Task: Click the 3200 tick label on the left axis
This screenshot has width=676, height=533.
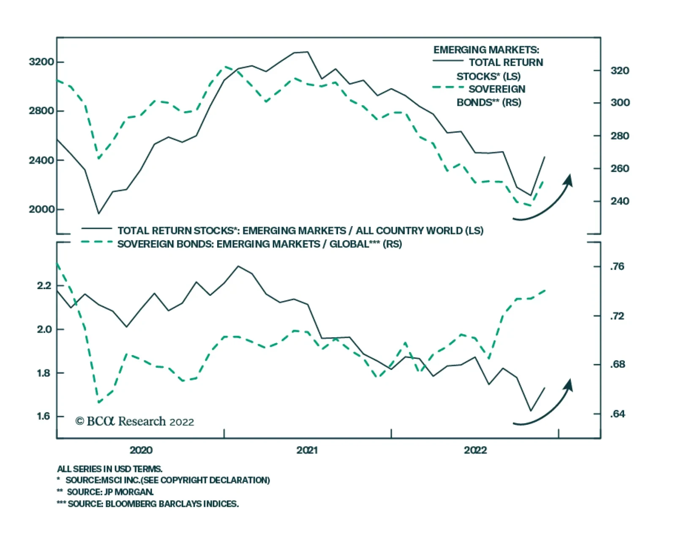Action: (x=41, y=62)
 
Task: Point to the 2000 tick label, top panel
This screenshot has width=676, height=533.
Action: (x=41, y=209)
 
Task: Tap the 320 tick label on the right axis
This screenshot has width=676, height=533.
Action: (x=620, y=71)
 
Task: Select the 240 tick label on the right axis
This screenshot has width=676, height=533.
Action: (x=620, y=201)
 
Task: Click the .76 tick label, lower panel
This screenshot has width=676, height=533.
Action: (x=617, y=266)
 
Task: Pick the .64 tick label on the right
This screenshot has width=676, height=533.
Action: (x=617, y=414)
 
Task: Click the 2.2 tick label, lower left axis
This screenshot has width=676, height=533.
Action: (x=44, y=286)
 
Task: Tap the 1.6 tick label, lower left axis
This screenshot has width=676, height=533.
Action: (x=44, y=416)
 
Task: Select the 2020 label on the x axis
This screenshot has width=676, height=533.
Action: (x=141, y=450)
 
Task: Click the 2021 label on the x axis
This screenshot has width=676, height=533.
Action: (x=307, y=450)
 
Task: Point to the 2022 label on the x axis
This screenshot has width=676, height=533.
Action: (x=475, y=450)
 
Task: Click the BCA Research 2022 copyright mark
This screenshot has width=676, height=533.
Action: (x=135, y=421)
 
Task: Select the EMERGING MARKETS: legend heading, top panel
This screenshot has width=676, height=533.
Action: (x=486, y=50)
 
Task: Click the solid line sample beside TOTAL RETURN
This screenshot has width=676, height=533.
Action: (x=448, y=61)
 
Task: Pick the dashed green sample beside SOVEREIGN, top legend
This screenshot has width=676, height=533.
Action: (x=448, y=87)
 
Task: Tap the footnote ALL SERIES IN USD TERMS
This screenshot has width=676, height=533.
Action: (x=110, y=469)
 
